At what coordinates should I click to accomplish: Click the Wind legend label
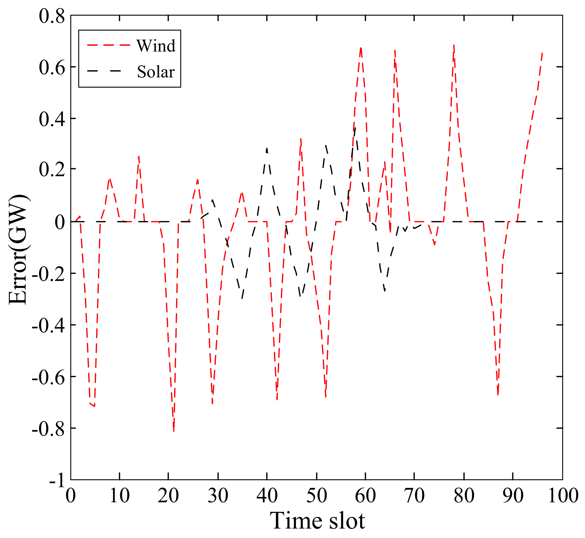(156, 46)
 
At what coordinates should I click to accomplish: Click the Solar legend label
(156, 72)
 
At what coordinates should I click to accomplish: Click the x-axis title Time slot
(317, 520)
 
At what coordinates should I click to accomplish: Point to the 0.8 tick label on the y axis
(52, 17)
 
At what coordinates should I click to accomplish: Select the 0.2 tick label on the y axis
(52, 170)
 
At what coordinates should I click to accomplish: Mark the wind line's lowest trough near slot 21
(174, 431)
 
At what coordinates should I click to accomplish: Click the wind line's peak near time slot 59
(361, 48)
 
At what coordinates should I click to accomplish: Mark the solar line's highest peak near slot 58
(356, 128)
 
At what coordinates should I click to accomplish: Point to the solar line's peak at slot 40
(267, 148)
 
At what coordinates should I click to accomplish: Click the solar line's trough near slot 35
(242, 298)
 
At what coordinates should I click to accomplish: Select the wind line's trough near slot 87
(498, 395)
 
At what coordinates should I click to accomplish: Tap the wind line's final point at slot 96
(542, 53)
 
